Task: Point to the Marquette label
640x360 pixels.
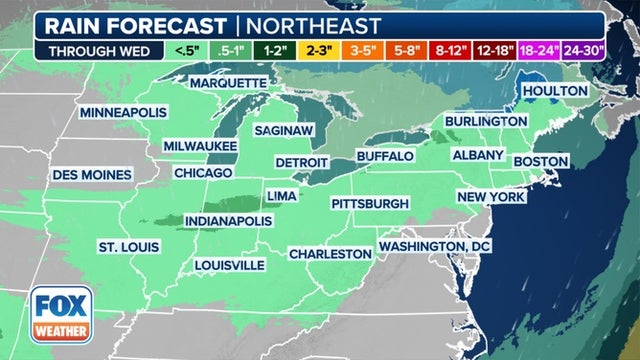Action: [228, 82]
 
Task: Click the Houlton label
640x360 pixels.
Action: [557, 90]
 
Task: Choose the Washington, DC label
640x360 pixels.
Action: [436, 245]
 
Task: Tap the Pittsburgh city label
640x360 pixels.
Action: [371, 204]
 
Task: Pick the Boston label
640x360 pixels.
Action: [541, 161]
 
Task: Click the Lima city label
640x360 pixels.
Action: [281, 195]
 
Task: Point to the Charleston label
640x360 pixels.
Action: [330, 254]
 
